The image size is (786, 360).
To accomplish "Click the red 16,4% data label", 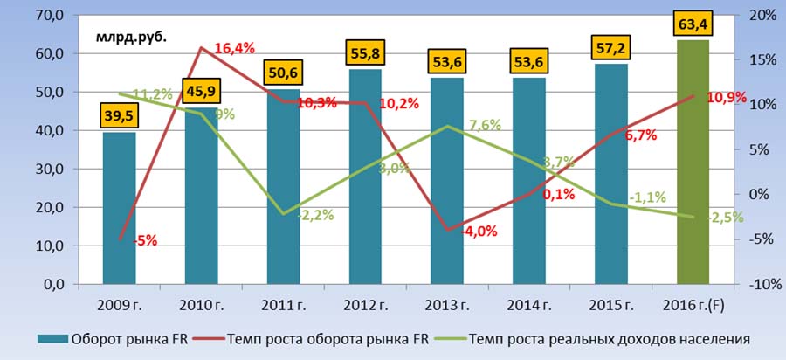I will click(x=233, y=49).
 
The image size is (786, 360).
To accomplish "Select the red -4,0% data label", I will click(x=479, y=232).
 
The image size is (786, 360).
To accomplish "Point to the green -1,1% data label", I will click(x=645, y=197).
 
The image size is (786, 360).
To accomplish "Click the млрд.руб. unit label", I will click(x=130, y=36).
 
